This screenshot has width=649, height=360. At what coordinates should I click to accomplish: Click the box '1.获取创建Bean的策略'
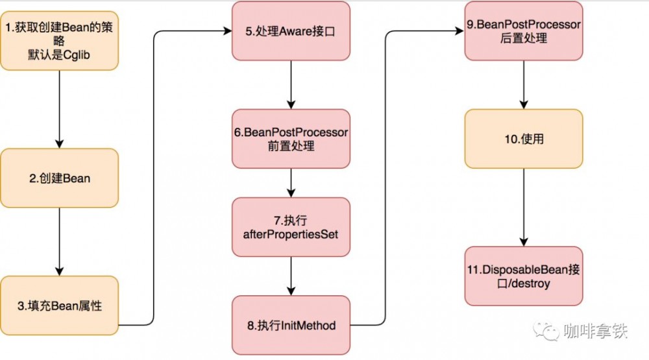[x=59, y=41]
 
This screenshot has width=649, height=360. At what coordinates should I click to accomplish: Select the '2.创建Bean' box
[x=59, y=178]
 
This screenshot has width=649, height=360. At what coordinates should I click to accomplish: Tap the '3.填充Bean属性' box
[x=59, y=306]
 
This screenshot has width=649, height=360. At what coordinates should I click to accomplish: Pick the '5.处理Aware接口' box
[x=291, y=31]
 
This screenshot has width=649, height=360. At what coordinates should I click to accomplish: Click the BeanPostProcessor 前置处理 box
[x=291, y=139]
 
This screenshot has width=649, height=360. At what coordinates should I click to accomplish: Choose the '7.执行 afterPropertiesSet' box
[x=291, y=227]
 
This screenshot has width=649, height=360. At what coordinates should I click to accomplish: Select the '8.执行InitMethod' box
[x=291, y=325]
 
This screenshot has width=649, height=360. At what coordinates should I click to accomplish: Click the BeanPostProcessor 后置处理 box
[x=524, y=31]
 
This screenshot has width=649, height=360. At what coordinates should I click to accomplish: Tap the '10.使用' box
[x=524, y=139]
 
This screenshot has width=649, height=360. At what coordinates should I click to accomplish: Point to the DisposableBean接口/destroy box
[x=524, y=276]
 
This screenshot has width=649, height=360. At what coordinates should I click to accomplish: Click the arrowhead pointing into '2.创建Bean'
[x=59, y=144]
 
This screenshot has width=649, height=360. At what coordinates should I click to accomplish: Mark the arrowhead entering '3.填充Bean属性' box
[x=59, y=271]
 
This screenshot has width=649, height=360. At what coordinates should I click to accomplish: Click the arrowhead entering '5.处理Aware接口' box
[x=228, y=31]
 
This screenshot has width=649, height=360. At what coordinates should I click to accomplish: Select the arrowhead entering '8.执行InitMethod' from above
[x=291, y=291]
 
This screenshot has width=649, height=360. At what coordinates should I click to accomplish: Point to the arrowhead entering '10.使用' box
[x=524, y=104]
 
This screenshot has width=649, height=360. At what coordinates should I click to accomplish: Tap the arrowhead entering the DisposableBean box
[x=524, y=242]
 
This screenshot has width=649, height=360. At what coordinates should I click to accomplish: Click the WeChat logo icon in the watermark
[x=546, y=331]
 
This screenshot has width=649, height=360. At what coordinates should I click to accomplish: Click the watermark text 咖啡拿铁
[x=595, y=331]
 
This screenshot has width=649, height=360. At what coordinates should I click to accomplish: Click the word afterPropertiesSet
[x=291, y=234]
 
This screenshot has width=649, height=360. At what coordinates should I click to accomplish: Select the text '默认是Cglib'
[x=59, y=54]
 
